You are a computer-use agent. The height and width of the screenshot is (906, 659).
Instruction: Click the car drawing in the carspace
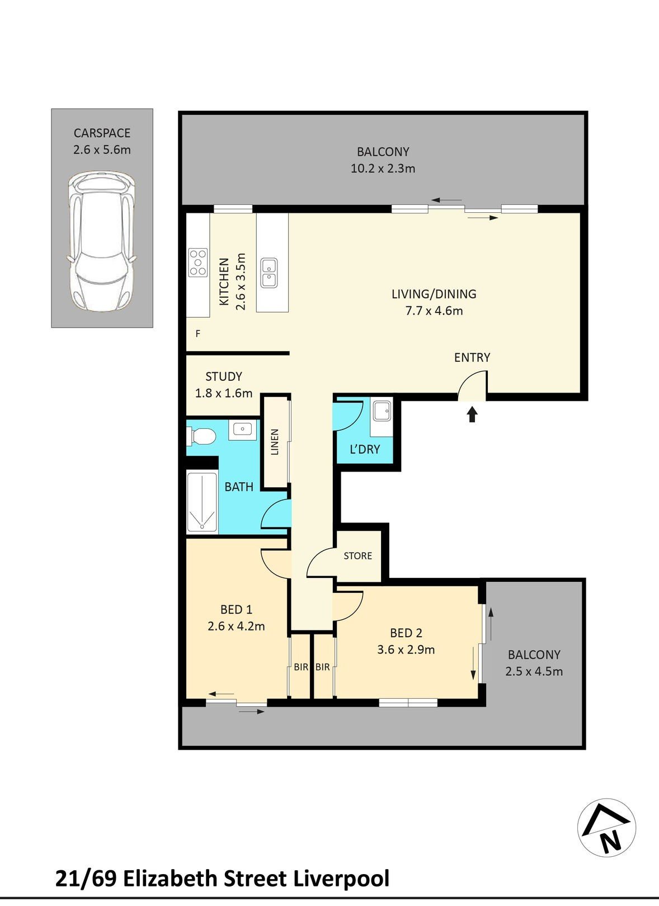(x=101, y=241)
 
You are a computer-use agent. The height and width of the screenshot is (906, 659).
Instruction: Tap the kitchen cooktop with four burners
(x=198, y=263)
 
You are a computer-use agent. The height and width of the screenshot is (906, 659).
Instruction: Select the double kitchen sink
(x=269, y=273)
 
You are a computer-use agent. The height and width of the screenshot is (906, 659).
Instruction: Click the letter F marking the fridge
(x=198, y=334)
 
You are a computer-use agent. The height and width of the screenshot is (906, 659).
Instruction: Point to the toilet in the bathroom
(x=201, y=436)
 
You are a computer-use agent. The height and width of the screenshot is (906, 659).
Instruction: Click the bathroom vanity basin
(x=242, y=429)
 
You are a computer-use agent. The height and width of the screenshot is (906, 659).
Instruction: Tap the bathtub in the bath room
(x=201, y=502)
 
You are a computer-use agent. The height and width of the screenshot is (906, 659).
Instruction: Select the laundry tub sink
(x=382, y=410)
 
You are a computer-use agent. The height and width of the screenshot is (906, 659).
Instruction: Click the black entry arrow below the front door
(x=472, y=415)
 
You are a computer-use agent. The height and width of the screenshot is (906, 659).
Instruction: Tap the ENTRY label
(x=472, y=358)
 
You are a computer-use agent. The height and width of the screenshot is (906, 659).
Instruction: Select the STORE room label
(x=357, y=555)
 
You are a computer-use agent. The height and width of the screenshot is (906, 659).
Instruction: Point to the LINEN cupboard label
(x=275, y=442)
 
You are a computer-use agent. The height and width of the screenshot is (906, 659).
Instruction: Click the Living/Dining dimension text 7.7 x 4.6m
(x=434, y=311)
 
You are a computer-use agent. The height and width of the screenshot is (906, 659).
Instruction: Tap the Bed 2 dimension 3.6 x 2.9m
(x=406, y=650)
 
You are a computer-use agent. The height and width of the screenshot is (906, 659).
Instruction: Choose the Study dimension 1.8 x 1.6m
(x=223, y=393)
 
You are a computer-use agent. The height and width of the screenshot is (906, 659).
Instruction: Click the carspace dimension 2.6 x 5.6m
(x=102, y=150)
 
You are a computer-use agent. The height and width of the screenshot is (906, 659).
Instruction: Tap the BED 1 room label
(x=236, y=609)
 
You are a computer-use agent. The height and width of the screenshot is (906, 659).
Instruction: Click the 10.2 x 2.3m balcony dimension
(x=383, y=168)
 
